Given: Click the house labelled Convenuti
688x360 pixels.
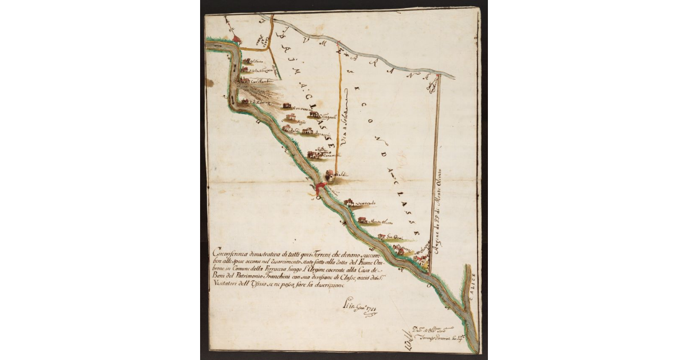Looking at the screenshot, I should [x=287, y=106].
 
